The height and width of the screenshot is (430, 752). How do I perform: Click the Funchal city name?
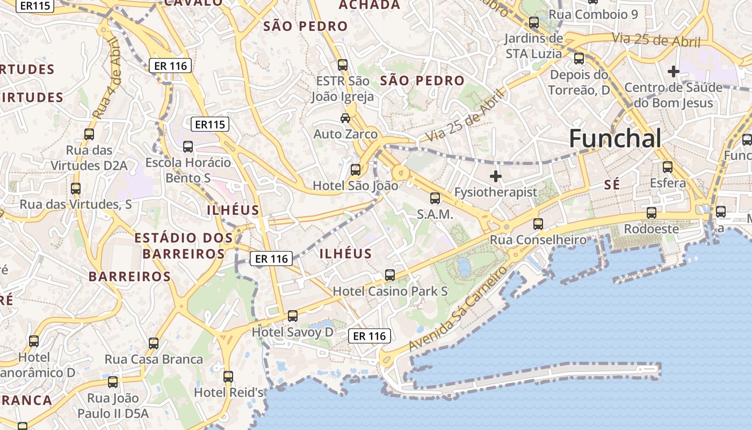click(615, 139)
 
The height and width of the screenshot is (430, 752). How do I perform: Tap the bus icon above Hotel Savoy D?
click(293, 316)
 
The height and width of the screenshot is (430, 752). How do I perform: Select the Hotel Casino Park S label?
click(391, 291)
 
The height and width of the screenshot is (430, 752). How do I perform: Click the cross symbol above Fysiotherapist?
click(496, 176)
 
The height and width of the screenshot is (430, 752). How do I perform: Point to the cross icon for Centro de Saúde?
click(673, 71)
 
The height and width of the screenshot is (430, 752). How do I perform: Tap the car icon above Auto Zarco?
click(345, 118)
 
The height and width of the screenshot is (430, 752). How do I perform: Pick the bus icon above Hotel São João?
click(356, 170)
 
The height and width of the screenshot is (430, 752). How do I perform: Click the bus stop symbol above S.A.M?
click(435, 198)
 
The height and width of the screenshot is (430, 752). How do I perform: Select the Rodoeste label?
click(652, 228)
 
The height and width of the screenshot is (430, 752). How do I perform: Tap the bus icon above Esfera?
click(668, 167)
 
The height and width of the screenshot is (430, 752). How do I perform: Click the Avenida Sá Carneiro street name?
click(458, 309)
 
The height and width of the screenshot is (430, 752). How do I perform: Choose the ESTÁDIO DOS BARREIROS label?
click(184, 246)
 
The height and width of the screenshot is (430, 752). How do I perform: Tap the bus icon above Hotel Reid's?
click(228, 376)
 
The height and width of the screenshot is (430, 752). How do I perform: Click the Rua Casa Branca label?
click(154, 359)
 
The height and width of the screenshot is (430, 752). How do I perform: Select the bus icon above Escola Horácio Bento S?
click(188, 146)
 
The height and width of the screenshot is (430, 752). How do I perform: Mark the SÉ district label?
click(612, 185)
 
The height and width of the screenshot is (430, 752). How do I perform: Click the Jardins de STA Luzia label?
click(534, 46)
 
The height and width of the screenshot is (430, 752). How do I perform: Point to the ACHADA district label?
click(370, 5)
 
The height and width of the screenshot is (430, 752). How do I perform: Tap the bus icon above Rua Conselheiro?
click(538, 224)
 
